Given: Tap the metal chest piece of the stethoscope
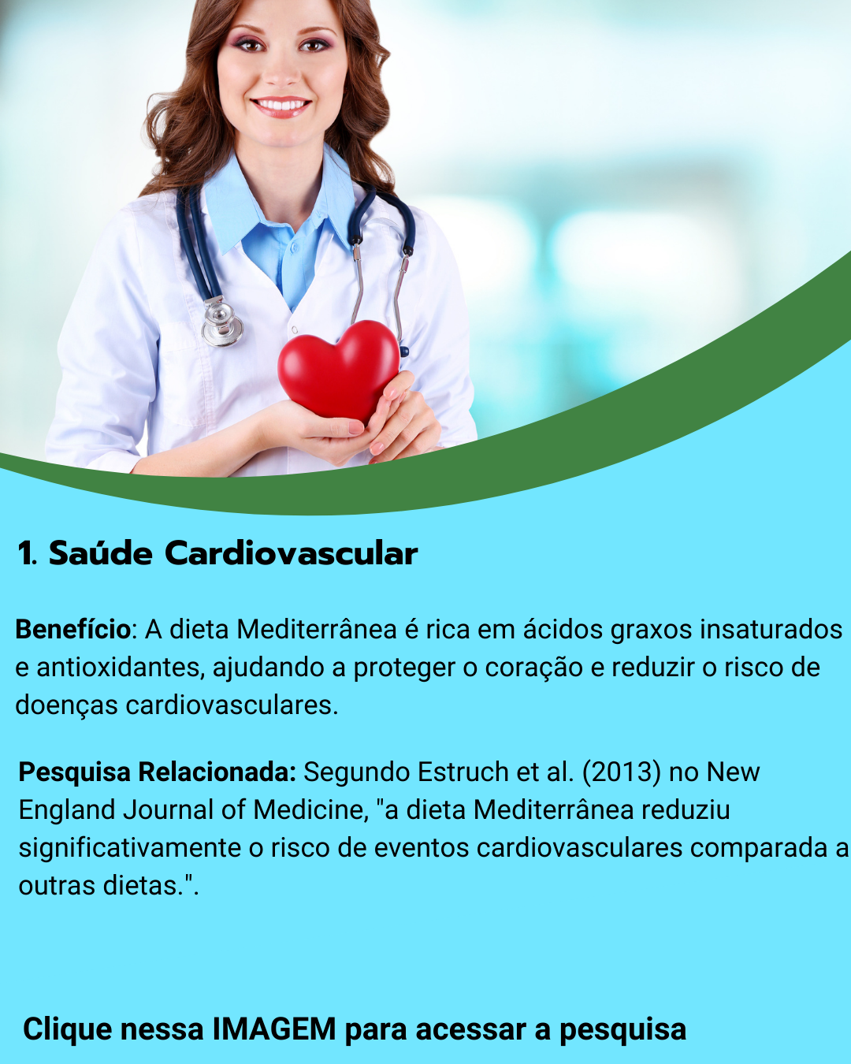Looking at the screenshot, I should [221, 323].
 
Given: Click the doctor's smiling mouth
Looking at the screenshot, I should [281, 106].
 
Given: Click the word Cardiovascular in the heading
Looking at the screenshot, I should [291, 553].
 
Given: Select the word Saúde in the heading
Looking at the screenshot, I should [101, 553].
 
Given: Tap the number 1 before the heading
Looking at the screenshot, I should [26, 553].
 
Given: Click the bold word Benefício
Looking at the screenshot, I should [73, 630].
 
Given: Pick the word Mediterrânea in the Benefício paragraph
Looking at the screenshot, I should [317, 630].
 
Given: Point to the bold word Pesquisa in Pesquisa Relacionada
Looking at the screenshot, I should [75, 772].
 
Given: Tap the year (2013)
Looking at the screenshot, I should [621, 772].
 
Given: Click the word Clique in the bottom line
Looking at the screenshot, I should [68, 1029].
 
